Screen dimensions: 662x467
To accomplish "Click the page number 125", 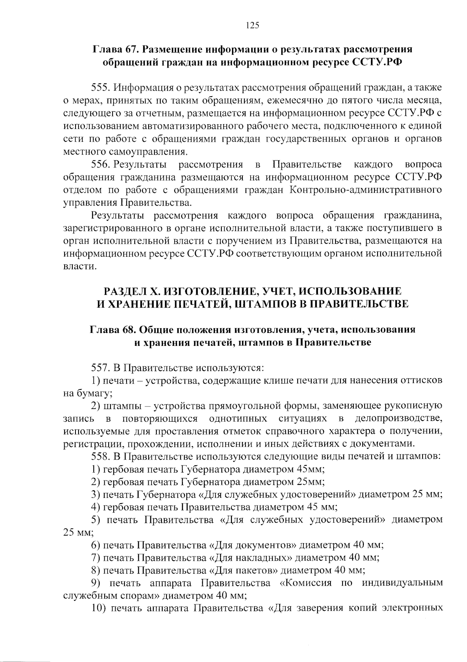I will [x=253, y=26].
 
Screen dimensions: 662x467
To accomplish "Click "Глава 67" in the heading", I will [x=113, y=49].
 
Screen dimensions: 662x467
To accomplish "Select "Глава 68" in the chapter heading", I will [x=110, y=329].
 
